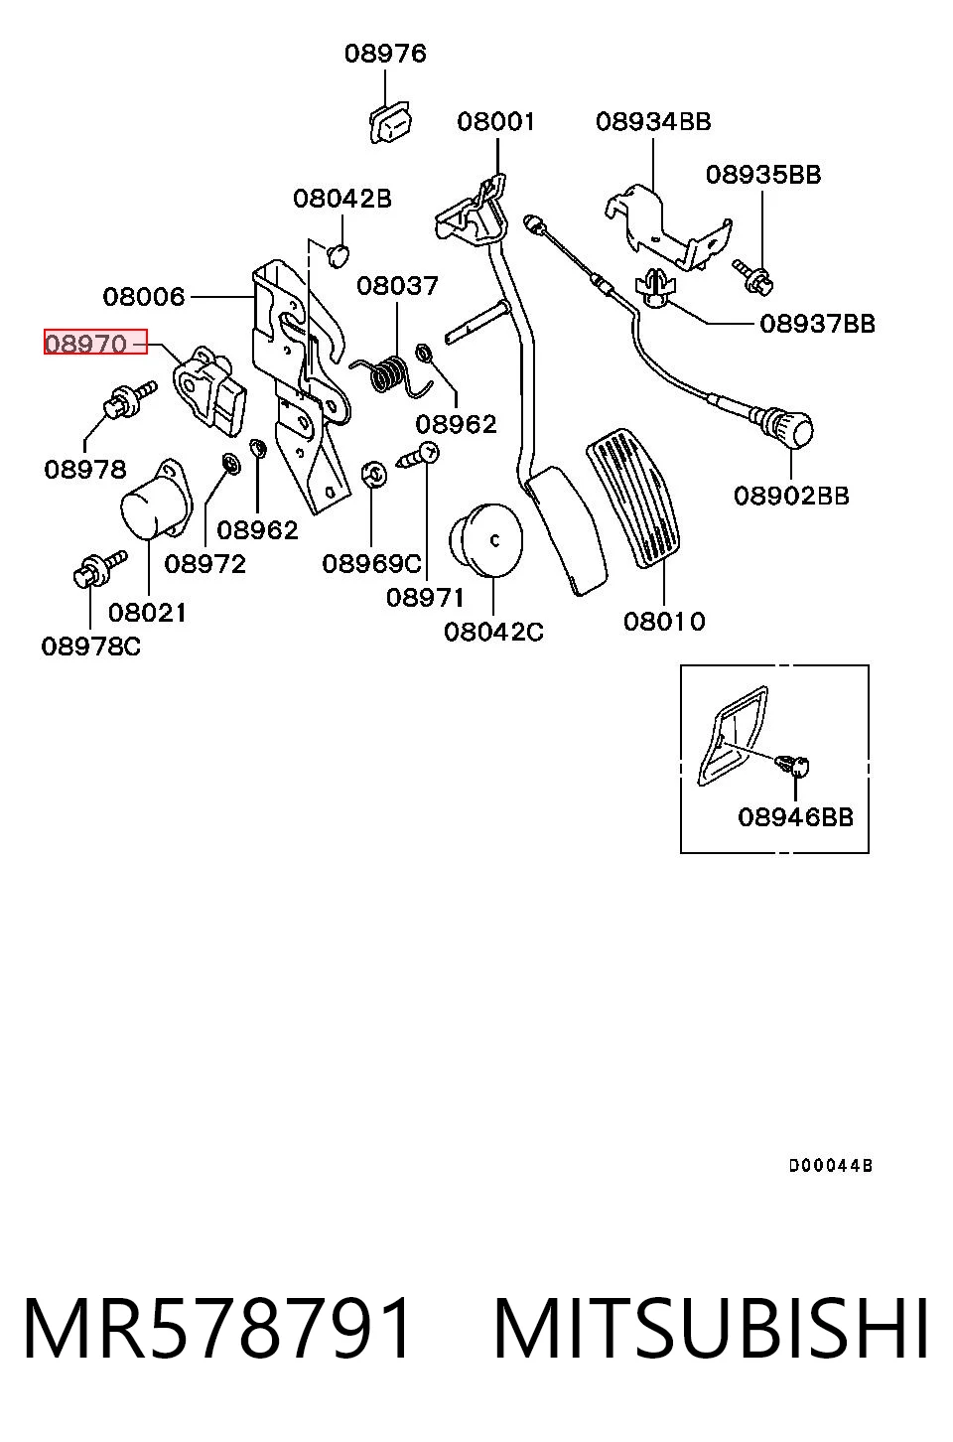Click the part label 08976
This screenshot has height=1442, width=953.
(x=385, y=54)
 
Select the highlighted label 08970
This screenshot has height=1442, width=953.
(x=86, y=344)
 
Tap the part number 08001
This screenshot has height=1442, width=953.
(x=496, y=122)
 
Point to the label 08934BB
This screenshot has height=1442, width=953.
(x=653, y=122)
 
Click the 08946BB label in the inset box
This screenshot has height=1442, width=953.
(x=795, y=817)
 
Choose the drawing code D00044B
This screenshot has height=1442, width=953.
(x=831, y=1165)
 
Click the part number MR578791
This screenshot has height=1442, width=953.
(x=216, y=1329)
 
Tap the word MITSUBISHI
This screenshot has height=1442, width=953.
(x=711, y=1329)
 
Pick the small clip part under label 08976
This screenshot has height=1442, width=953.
(x=390, y=122)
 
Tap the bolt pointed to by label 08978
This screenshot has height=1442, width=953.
(x=130, y=399)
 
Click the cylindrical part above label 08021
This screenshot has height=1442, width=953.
(x=155, y=499)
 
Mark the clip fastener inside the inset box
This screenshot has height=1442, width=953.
(x=793, y=766)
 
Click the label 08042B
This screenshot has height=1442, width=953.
(x=342, y=199)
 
